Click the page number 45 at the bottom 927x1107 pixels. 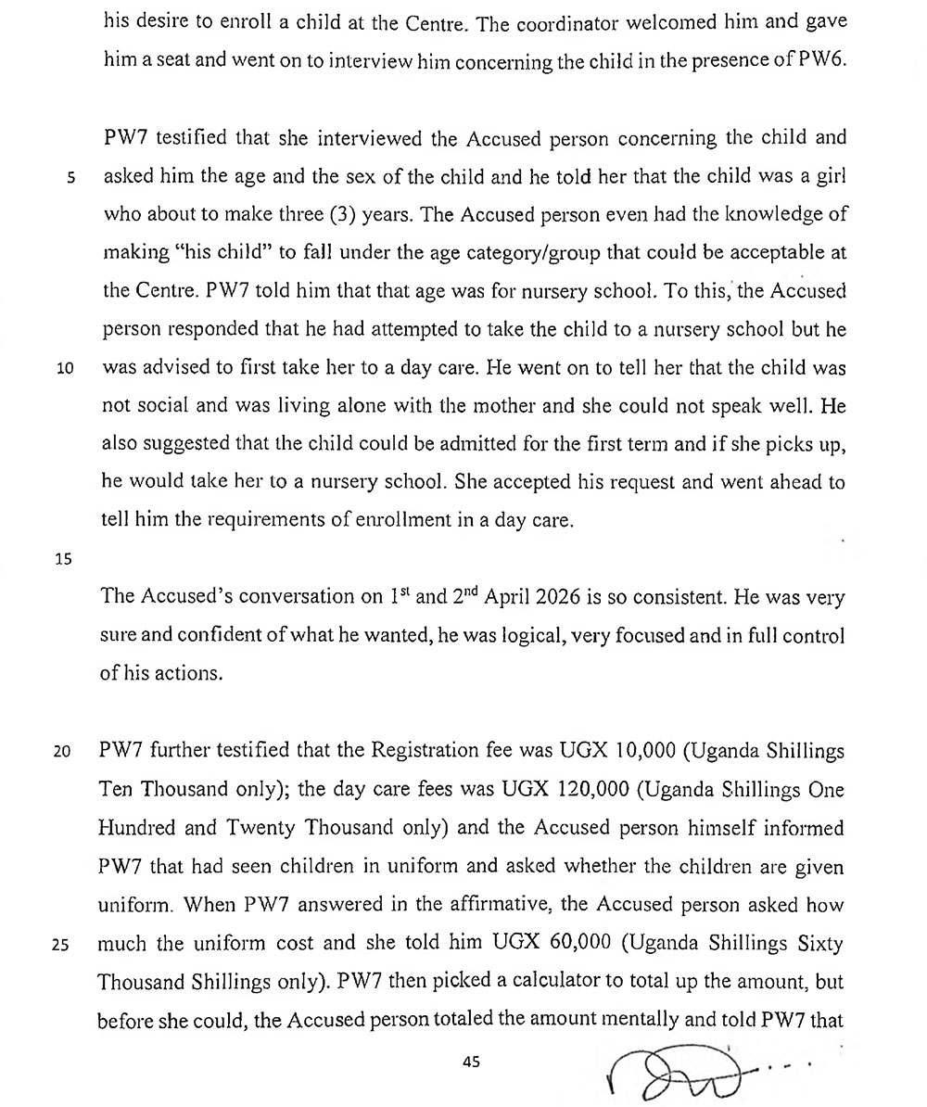coord(470,1062)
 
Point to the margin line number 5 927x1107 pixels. coord(70,179)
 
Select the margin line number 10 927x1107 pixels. coord(66,368)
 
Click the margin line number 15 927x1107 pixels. coord(64,558)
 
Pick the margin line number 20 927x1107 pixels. coord(63,752)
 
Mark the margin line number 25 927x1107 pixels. coord(63,946)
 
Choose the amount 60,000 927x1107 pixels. coord(578,944)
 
